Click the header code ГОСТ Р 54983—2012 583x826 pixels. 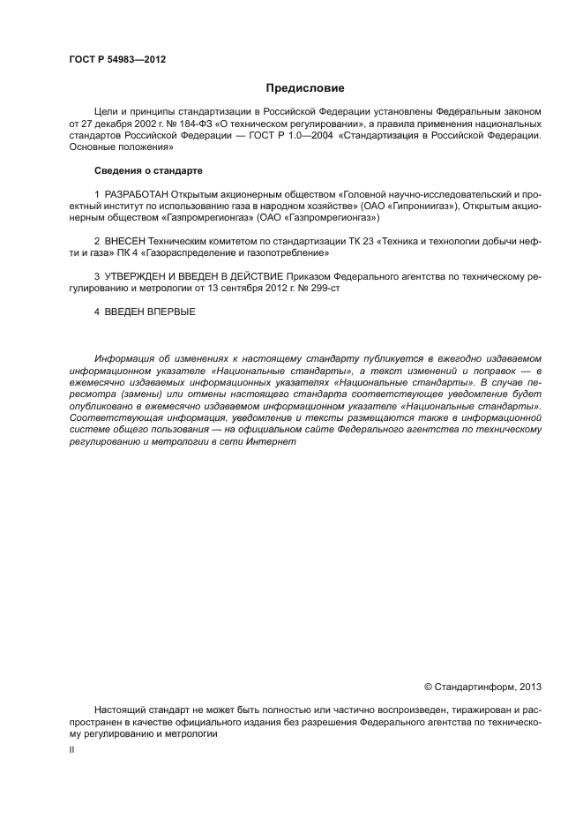pos(117,60)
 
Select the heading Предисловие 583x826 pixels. pos(305,88)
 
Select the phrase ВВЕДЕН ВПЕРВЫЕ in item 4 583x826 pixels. pos(150,312)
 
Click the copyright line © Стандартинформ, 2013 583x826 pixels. pos(482,686)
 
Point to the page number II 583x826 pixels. pos(71,749)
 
